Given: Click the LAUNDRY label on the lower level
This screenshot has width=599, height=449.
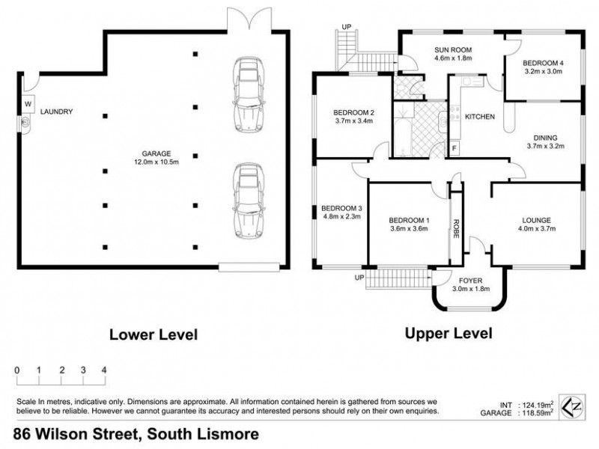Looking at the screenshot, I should (57, 112).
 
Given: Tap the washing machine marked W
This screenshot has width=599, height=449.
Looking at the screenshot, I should (28, 104).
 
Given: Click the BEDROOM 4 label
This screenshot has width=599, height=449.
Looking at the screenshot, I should (543, 62).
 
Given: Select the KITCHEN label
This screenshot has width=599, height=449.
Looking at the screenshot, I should (480, 117).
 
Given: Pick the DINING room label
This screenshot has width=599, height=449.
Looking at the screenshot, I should (545, 137).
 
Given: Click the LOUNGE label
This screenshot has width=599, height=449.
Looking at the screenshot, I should (537, 220).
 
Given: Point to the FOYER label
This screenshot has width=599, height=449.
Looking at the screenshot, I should (469, 279).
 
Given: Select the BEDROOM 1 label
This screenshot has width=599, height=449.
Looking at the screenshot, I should (408, 220).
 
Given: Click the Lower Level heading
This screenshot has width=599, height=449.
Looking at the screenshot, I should (153, 334).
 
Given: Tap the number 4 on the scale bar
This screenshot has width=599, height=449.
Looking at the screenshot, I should (104, 370).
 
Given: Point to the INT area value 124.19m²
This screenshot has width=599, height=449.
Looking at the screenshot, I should (535, 405).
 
